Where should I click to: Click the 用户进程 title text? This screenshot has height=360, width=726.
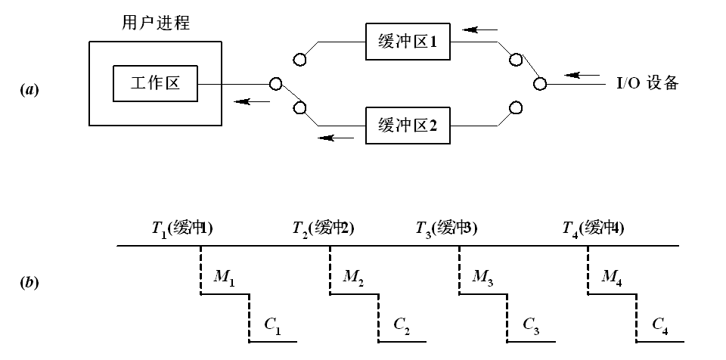click(x=155, y=23)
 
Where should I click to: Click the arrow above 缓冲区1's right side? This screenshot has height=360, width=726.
click(x=481, y=30)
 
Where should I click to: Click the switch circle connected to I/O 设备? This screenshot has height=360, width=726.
click(x=539, y=84)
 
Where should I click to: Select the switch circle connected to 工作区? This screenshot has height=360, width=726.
click(x=277, y=83)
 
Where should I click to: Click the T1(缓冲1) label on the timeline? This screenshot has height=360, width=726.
click(x=182, y=227)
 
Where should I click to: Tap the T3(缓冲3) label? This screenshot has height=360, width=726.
click(x=446, y=227)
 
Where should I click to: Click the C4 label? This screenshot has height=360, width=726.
click(x=662, y=325)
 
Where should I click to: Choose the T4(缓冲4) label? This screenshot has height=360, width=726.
click(x=593, y=227)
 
